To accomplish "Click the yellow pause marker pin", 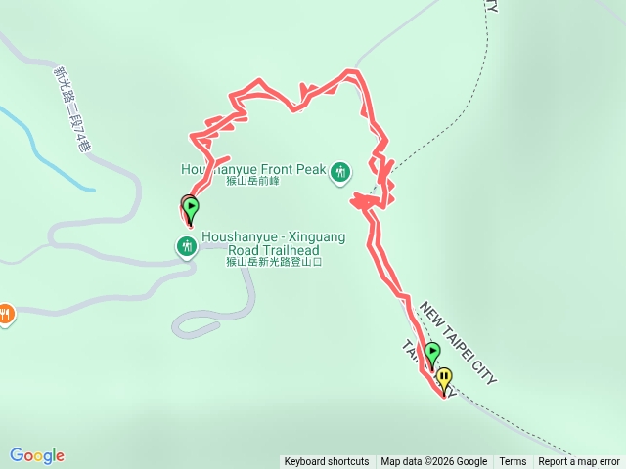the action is coord(445,377).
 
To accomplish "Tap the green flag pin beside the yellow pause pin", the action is coord(432,354).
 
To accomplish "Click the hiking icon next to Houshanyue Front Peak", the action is coord(339,172).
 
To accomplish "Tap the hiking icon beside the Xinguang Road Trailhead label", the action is coord(187,247).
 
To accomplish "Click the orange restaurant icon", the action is coord(6,315).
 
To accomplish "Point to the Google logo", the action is coord(37,455).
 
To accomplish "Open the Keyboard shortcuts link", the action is coord(327,462).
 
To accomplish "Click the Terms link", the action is coord(513,462).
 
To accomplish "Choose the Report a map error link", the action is coord(579,462).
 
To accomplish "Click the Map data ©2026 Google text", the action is coord(434,462).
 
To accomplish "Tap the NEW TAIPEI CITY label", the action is coord(459,343).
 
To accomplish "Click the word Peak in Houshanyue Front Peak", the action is coord(310,169).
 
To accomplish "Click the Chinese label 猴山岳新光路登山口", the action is coord(273,262).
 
